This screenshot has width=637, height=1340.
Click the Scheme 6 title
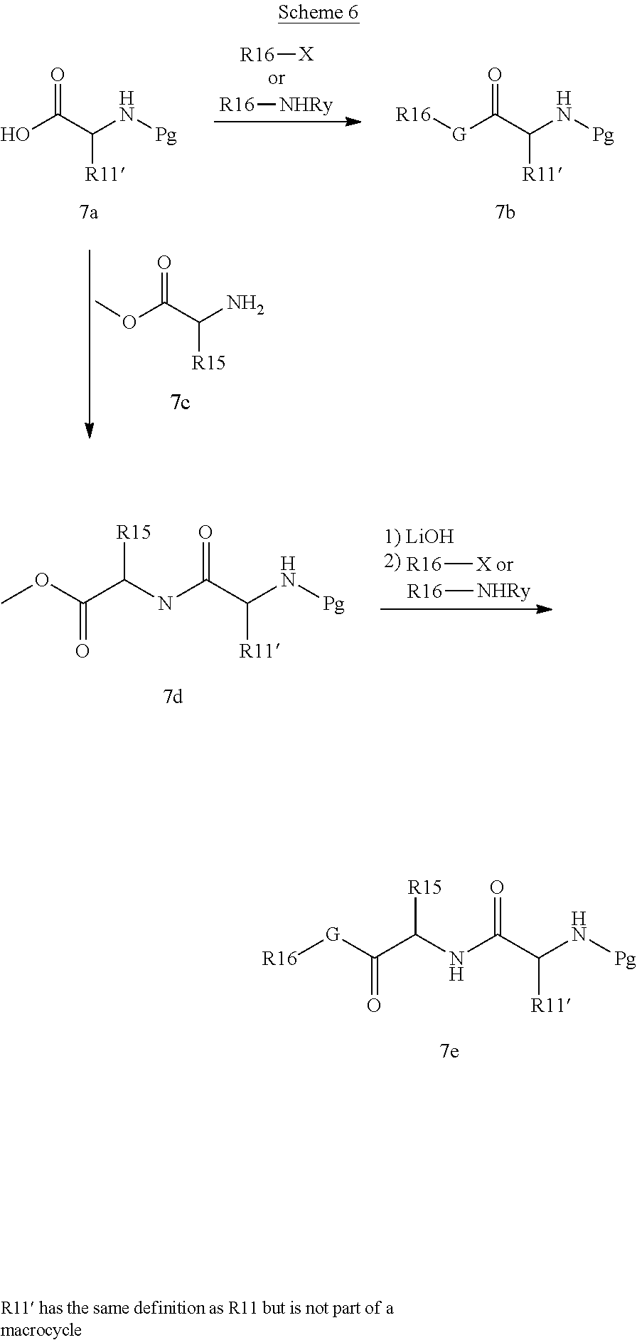pyautogui.click(x=318, y=12)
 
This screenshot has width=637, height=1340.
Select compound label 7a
pyautogui.click(x=89, y=212)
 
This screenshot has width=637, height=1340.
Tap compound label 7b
pyautogui.click(x=505, y=212)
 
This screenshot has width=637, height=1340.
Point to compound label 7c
pyautogui.click(x=181, y=403)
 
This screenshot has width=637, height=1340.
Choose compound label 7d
pyautogui.click(x=173, y=696)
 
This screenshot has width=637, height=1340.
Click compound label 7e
pyautogui.click(x=449, y=1050)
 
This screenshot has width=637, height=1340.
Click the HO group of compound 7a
pyautogui.click(x=16, y=134)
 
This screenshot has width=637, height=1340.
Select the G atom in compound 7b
pyautogui.click(x=459, y=134)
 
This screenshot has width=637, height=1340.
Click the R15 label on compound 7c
pyautogui.click(x=208, y=363)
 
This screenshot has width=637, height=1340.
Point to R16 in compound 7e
pyautogui.click(x=279, y=959)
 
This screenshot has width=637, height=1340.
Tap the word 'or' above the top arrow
pyautogui.click(x=276, y=79)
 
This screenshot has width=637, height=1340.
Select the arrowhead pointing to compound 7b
pyautogui.click(x=353, y=122)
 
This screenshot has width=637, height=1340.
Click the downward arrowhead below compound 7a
pyautogui.click(x=90, y=431)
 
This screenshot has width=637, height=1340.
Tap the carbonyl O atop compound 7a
pyautogui.click(x=58, y=75)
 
